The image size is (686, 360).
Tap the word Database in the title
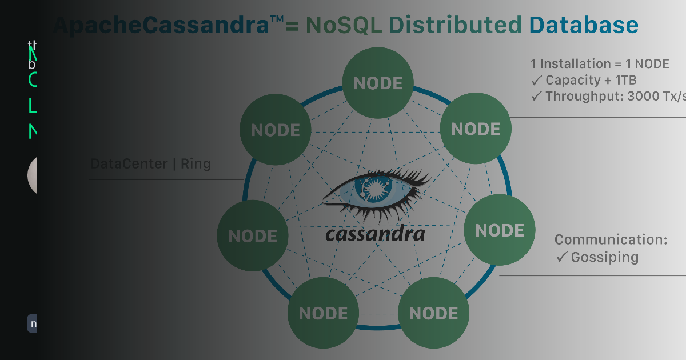(583, 25)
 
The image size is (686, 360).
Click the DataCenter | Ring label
(151, 164)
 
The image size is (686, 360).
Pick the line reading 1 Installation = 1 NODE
(600, 63)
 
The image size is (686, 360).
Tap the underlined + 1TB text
(620, 80)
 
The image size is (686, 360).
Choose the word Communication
(611, 239)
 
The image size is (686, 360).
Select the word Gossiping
(604, 257)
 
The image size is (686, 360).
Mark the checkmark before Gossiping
(561, 257)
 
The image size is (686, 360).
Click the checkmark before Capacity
(536, 80)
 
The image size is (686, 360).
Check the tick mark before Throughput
(536, 96)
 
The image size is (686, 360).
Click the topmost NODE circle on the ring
(378, 83)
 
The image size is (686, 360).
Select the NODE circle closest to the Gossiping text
(499, 230)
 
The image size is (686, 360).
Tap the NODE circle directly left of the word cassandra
(253, 236)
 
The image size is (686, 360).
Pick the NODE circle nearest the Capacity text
(476, 129)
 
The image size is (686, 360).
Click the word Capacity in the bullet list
(573, 80)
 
